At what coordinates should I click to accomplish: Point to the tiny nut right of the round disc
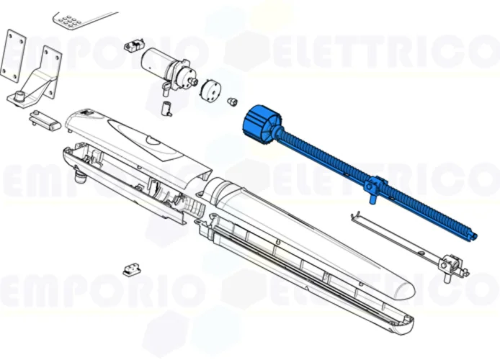point(233,101)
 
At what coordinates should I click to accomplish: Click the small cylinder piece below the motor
point(166,109)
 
